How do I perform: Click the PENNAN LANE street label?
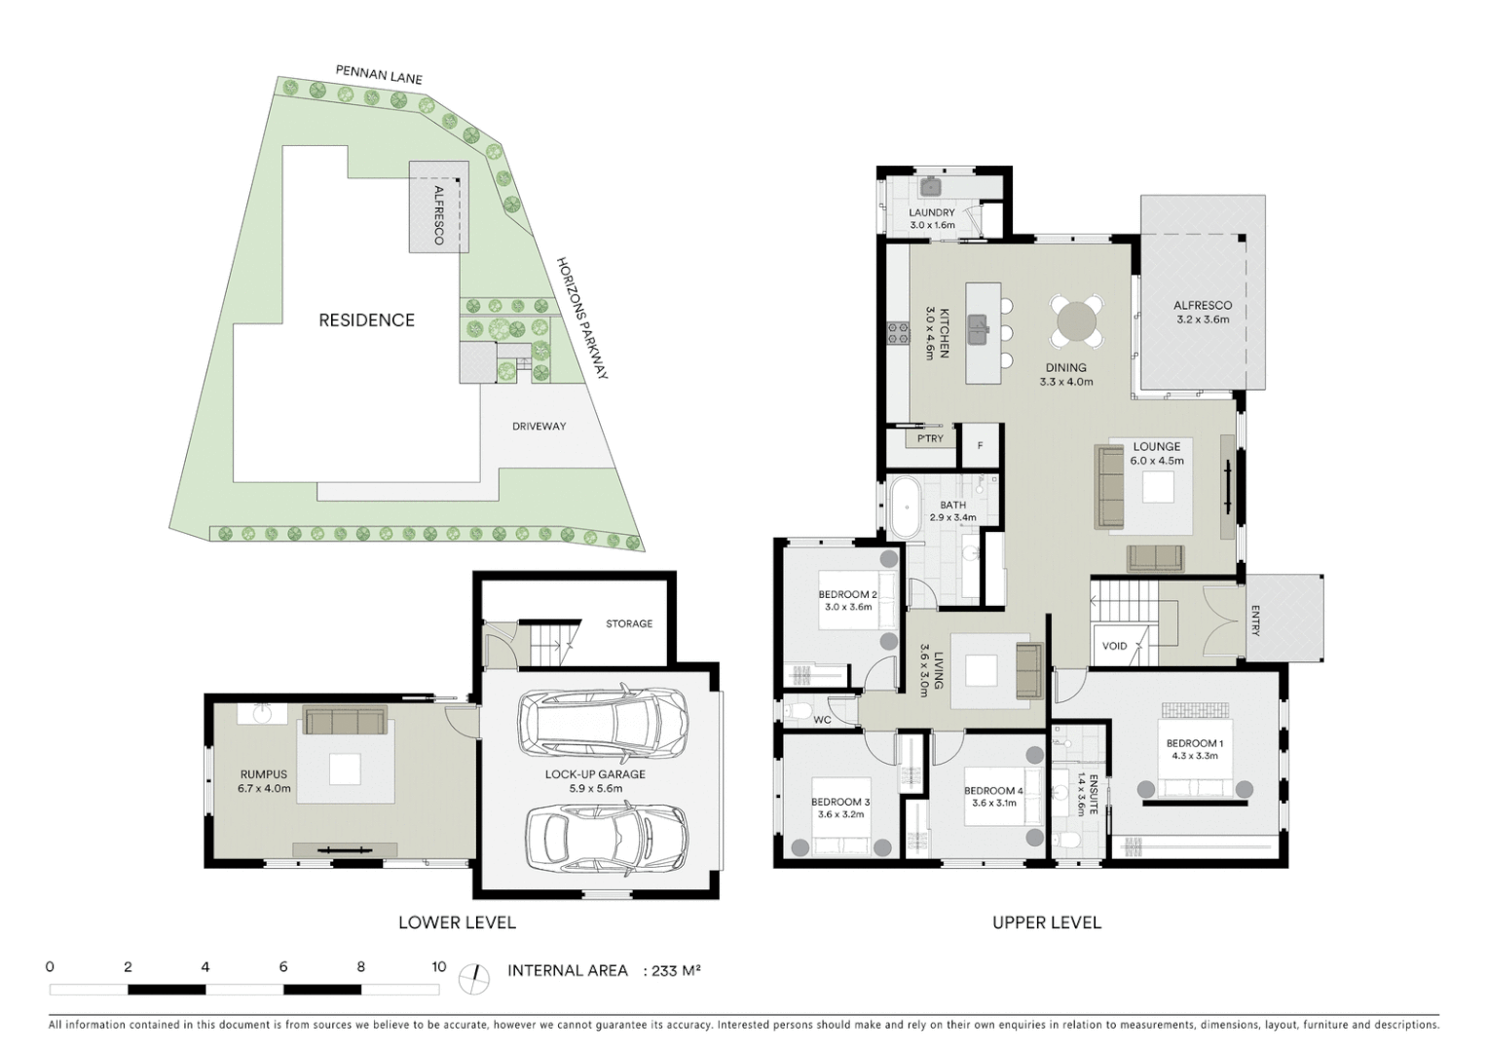tap(379, 75)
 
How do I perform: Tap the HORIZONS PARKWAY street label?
tap(582, 319)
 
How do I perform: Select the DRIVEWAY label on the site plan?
tap(539, 427)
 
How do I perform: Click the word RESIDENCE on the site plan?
tap(366, 320)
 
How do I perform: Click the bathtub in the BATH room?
tap(906, 507)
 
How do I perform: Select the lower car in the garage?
tap(606, 839)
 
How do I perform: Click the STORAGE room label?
tap(629, 623)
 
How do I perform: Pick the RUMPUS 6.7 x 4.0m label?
tap(264, 781)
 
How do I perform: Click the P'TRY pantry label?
tap(930, 439)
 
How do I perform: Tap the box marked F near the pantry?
tap(980, 446)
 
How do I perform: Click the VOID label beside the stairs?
tap(1114, 646)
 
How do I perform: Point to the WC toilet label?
tap(822, 720)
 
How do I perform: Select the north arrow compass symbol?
tap(475, 979)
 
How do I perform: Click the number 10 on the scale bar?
tap(438, 967)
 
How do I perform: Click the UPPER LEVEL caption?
tap(1046, 922)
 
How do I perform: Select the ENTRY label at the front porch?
tap(1255, 620)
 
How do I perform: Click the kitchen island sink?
tap(978, 329)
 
